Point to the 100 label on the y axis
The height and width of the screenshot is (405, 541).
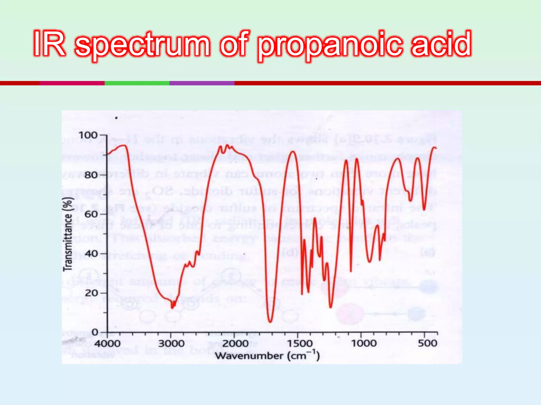coord(88,135)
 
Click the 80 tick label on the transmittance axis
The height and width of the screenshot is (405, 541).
coord(91,175)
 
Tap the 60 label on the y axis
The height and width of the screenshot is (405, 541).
coord(91,214)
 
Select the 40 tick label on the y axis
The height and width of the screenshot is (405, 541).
coord(91,254)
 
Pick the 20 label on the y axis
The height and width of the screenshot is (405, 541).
coord(91,293)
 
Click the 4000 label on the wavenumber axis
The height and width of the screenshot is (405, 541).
coord(107,344)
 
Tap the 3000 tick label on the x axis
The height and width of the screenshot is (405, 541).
coord(171,344)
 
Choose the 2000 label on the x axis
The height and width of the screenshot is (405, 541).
coord(235,344)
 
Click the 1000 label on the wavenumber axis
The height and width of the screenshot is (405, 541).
coord(363,344)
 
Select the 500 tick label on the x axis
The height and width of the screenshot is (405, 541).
coord(427,344)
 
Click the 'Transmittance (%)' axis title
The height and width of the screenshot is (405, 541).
coord(68,234)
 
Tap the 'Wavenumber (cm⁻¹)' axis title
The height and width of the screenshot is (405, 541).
coord(267,356)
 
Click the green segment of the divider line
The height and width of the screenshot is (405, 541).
coord(137,83)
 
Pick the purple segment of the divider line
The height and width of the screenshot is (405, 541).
coord(202,83)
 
